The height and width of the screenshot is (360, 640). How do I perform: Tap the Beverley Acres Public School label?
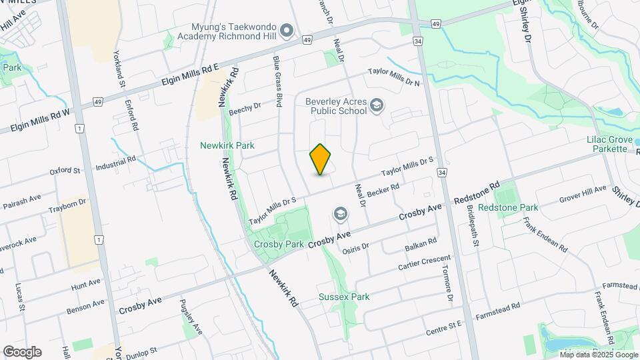click(336, 107)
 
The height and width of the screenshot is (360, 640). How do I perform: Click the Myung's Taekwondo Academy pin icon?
click(287, 30)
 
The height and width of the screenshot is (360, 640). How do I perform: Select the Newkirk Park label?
click(227, 145)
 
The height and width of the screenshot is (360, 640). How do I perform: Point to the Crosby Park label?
click(279, 244)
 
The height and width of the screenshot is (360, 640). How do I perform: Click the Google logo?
click(22, 351)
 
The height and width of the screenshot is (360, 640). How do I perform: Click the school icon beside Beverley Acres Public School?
click(377, 105)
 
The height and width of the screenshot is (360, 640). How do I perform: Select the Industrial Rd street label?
click(115, 162)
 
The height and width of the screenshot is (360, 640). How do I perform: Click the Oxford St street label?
click(65, 171)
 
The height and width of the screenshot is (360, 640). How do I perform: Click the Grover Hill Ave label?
click(583, 193)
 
